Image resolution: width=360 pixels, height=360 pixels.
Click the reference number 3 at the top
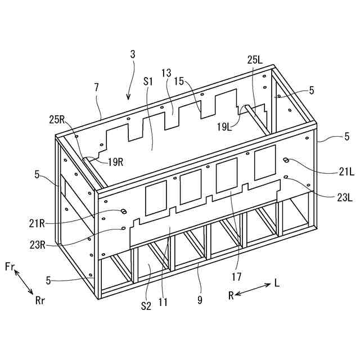tap(133, 55)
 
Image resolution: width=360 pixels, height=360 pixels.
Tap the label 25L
tap(254, 59)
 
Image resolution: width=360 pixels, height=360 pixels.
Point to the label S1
tap(148, 81)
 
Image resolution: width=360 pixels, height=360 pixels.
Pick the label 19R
tap(115, 162)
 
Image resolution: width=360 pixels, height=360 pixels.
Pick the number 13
tap(166, 73)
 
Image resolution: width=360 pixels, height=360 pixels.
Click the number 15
tap(179, 81)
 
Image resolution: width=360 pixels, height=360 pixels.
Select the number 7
tap(97, 88)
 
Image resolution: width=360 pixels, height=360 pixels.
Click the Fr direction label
tap(10, 265)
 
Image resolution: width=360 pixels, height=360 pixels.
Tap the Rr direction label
tap(40, 300)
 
